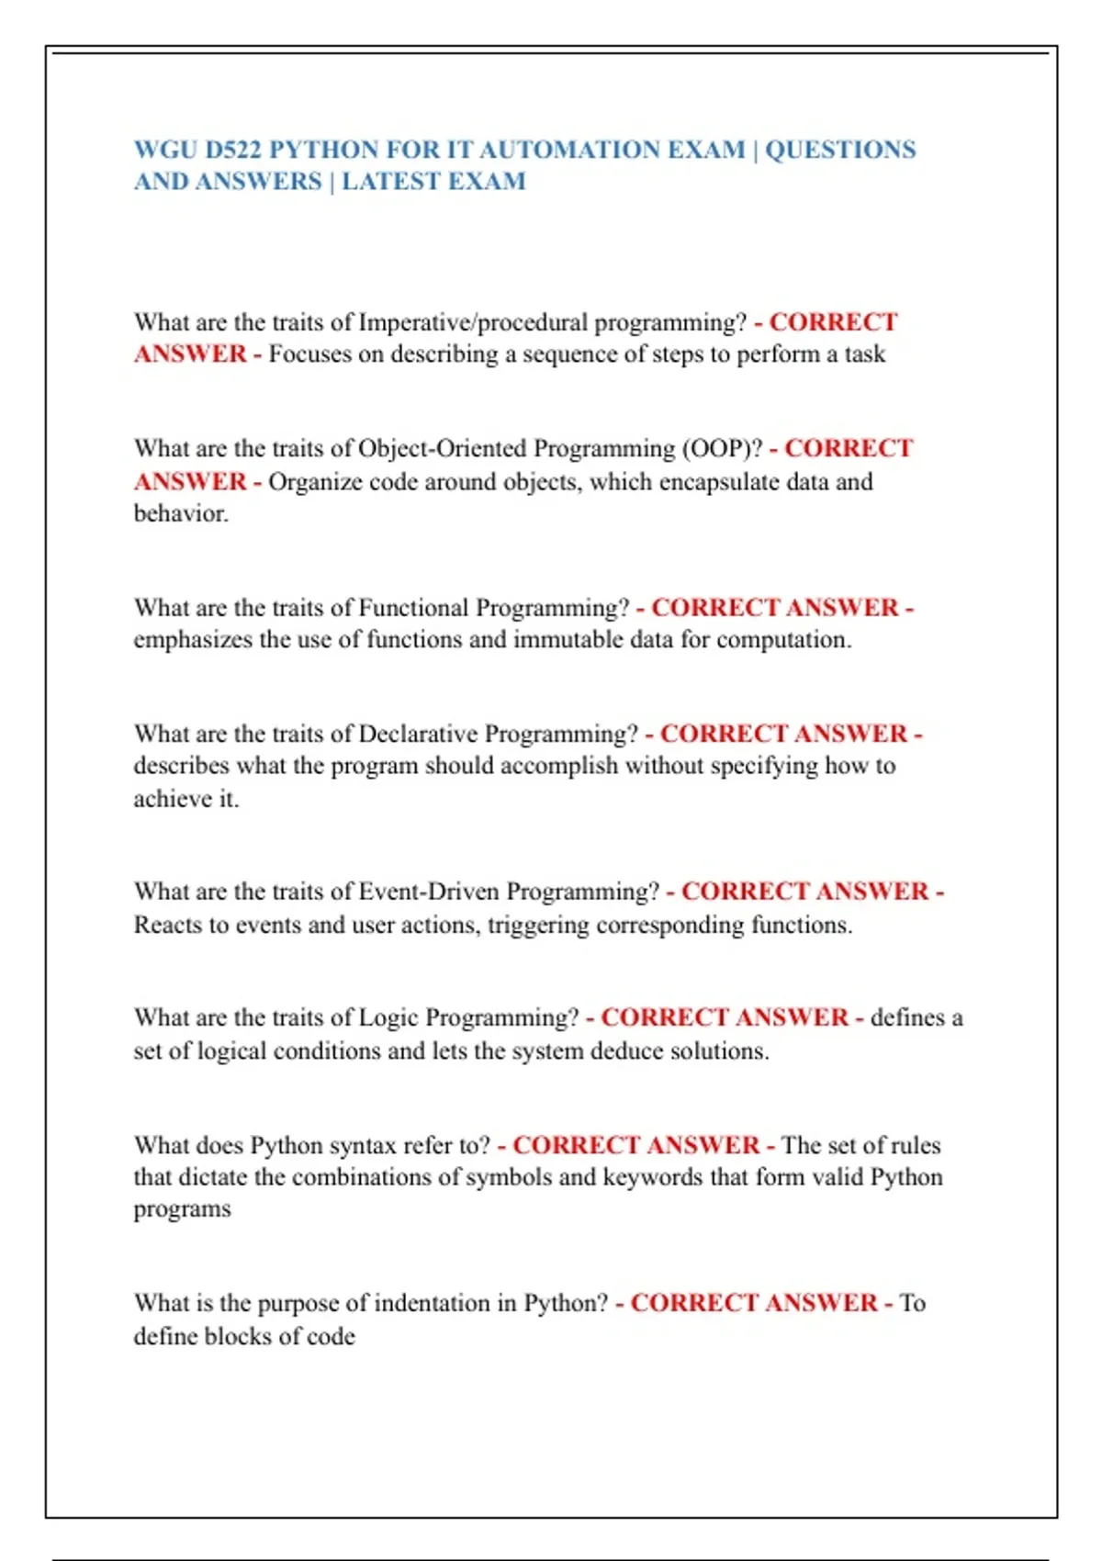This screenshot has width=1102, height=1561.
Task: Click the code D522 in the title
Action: pos(233,150)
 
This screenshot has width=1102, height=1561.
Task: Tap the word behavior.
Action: pos(181,514)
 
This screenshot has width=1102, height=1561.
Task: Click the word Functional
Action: pos(413,609)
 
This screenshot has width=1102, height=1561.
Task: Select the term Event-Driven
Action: pos(429,893)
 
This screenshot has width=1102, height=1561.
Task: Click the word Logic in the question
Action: pos(388,1018)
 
